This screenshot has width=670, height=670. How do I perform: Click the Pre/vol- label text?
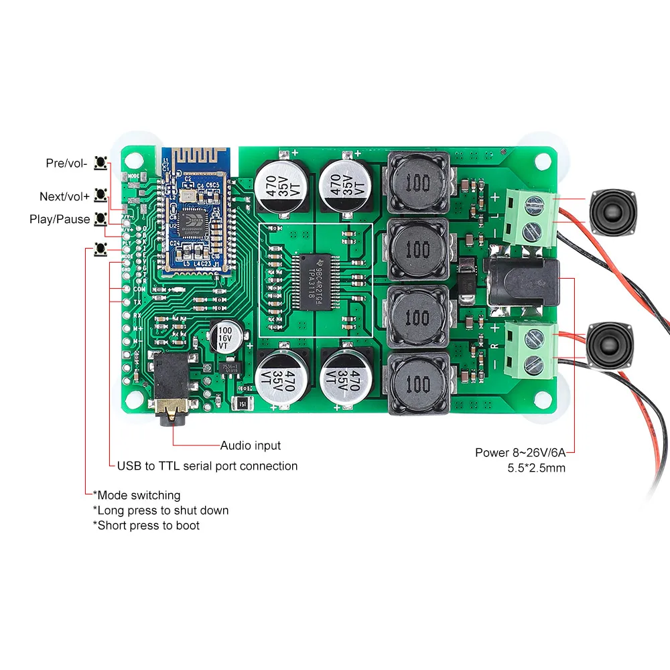(x=66, y=163)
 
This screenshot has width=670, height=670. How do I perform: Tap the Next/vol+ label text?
(x=64, y=196)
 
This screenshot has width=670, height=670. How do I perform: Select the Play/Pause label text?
(x=60, y=219)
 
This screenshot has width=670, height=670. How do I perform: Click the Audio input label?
(x=251, y=446)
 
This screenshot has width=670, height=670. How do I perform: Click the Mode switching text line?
(x=137, y=495)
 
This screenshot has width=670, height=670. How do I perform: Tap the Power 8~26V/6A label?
(x=519, y=452)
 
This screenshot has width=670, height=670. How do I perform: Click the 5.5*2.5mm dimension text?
(x=536, y=468)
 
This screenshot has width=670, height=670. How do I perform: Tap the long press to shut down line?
(x=161, y=511)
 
